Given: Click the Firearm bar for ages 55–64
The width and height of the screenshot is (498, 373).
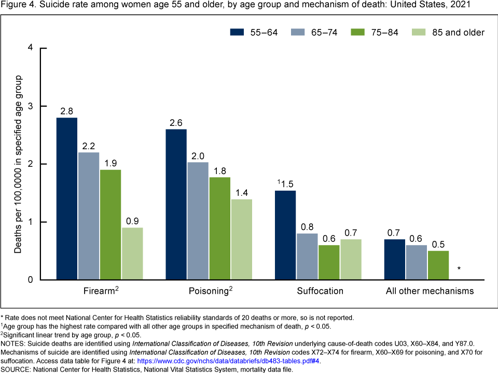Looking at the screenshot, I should (67, 199).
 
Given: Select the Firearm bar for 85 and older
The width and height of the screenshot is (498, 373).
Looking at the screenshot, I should (132, 254).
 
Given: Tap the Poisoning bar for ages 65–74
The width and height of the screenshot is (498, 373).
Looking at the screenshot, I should (198, 221).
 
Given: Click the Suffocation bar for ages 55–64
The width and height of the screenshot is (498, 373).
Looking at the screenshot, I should (285, 235).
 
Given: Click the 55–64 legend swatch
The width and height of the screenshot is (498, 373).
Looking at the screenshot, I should (238, 32).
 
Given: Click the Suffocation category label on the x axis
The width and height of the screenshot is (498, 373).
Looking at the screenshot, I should (320, 291).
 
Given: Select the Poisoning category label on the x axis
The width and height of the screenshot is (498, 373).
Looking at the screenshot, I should (209, 291).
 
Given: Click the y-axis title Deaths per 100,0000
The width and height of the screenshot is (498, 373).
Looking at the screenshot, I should (18, 164).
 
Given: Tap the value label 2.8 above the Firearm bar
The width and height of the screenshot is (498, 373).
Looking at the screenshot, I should (67, 110).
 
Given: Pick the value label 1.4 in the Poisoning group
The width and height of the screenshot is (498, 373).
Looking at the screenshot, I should (241, 192).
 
